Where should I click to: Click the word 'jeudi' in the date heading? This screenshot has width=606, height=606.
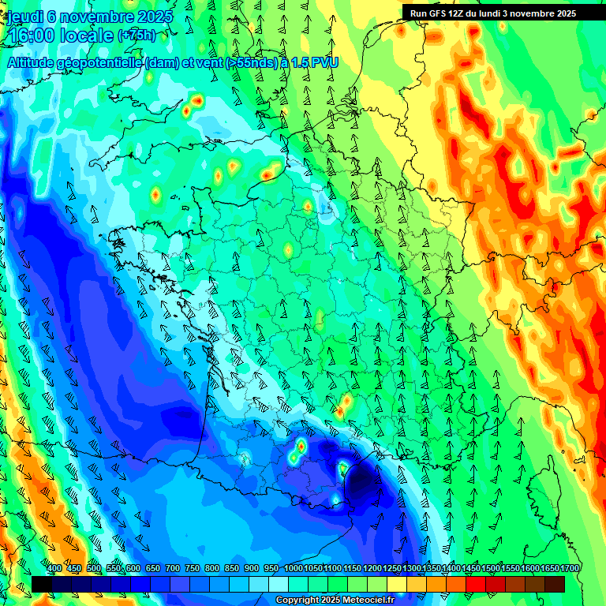point(24,17)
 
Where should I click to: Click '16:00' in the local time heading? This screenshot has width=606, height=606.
point(31,36)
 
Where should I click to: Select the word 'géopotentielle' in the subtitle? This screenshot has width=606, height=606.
point(101,62)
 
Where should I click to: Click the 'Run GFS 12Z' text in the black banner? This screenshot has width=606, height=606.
point(438,13)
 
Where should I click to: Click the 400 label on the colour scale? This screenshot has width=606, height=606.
point(54,569)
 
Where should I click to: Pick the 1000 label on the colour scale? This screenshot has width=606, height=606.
point(293,569)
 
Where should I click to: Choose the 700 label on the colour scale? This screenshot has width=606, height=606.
point(173,569)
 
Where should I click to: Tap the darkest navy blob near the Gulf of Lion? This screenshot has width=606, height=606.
point(363,480)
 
